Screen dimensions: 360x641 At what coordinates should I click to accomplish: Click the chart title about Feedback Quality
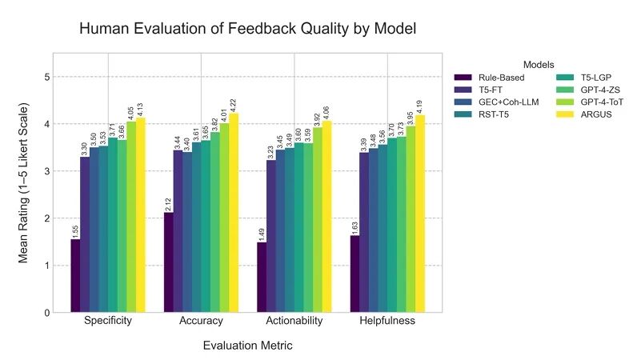pos(247,30)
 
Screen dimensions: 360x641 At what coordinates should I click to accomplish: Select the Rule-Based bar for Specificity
pos(75,276)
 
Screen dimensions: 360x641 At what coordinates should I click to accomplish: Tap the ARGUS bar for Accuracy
pos(234,213)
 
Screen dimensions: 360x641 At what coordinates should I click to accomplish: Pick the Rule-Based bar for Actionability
pos(262,277)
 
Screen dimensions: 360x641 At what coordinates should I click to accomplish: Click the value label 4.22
pos(234,103)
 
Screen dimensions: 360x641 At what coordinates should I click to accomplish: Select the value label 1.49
pos(262,231)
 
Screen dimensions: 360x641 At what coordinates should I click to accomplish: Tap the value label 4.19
pos(420,105)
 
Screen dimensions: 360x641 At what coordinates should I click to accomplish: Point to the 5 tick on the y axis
pos(47,77)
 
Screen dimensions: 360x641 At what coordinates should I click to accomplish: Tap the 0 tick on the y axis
pos(47,313)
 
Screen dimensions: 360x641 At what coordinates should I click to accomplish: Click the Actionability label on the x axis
pos(294,322)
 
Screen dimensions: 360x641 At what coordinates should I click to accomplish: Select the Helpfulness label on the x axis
pos(387,322)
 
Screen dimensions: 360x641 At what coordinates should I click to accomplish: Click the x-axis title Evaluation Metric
pos(247,346)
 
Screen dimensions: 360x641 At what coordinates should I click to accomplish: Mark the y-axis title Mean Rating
pos(23,183)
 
